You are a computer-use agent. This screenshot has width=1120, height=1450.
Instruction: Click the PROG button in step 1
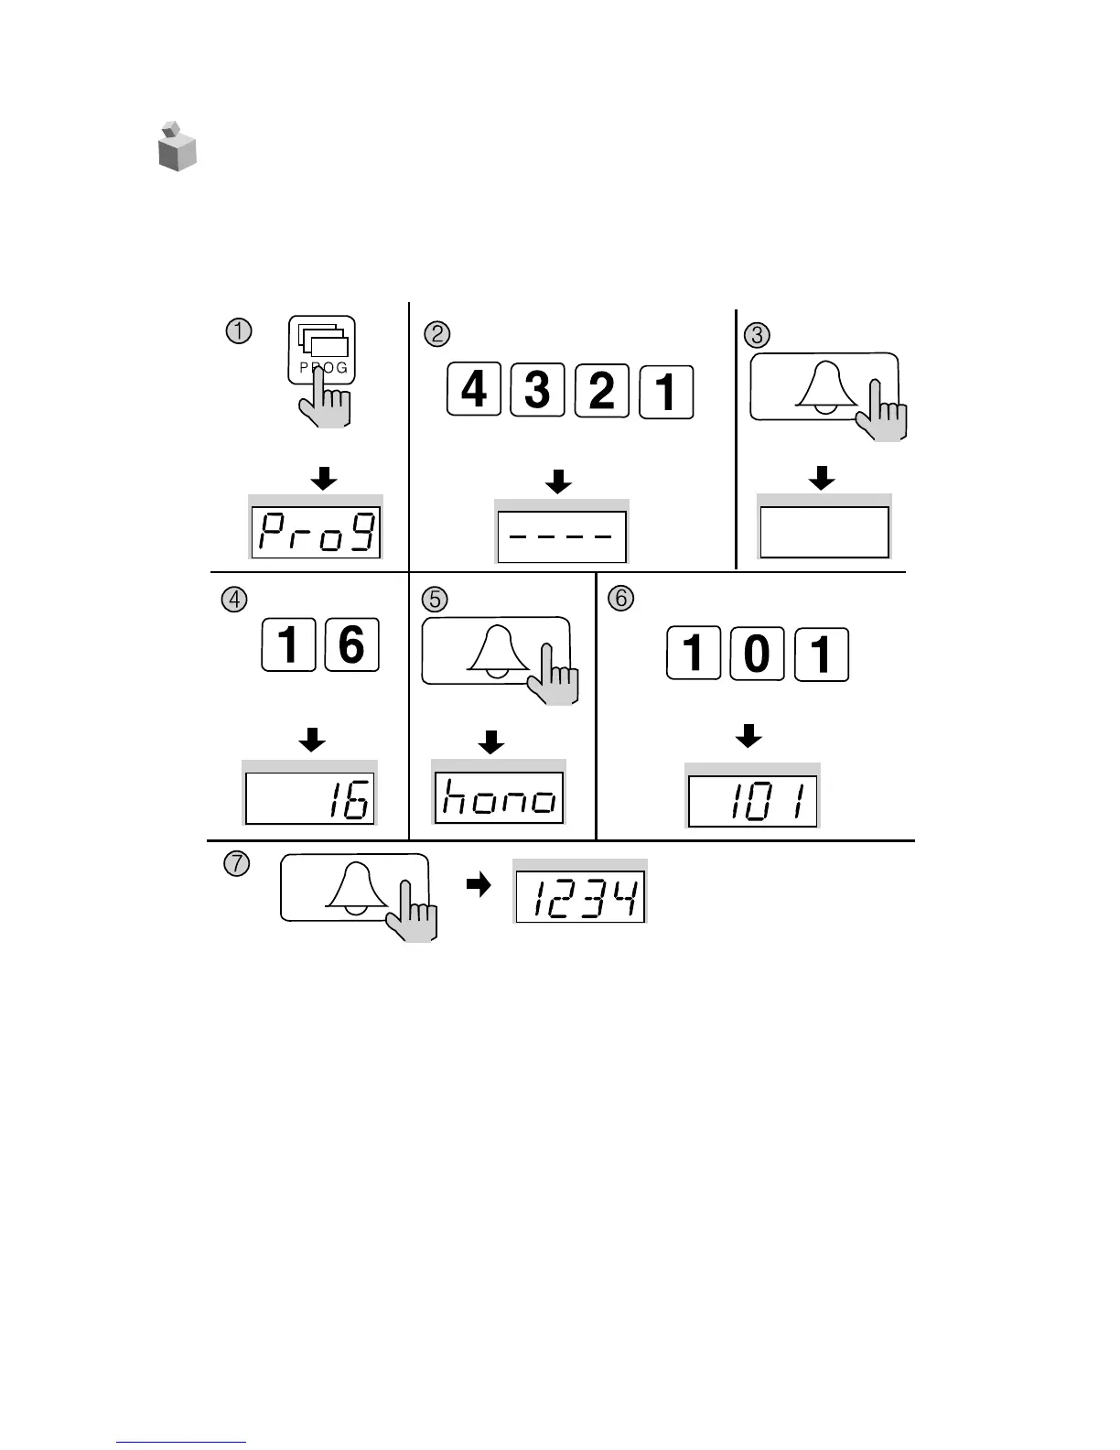(322, 352)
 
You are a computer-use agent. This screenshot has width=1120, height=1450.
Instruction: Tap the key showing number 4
(473, 391)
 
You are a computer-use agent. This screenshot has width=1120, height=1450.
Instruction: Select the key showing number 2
(602, 391)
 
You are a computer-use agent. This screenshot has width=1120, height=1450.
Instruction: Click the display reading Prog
(316, 532)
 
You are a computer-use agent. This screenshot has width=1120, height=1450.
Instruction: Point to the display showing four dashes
(561, 536)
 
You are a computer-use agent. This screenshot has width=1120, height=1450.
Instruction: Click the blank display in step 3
(824, 532)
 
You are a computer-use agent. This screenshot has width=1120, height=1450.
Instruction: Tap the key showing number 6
(352, 645)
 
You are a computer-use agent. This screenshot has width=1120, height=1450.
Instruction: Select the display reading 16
(310, 798)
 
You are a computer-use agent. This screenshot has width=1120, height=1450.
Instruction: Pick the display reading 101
(752, 801)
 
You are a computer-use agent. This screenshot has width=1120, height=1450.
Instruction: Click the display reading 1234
(580, 896)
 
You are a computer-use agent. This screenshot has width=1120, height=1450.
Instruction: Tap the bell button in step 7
(353, 887)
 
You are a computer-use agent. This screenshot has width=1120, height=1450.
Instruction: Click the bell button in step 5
(495, 651)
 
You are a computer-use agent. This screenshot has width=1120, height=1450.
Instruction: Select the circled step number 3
(757, 335)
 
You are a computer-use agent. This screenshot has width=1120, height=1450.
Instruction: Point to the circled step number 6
(620, 599)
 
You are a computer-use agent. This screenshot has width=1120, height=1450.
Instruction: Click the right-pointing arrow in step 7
(479, 884)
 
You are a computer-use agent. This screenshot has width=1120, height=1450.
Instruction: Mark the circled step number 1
(238, 330)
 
